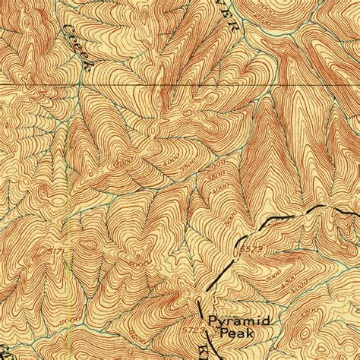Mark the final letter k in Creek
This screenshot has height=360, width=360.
(x=90, y=67)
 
